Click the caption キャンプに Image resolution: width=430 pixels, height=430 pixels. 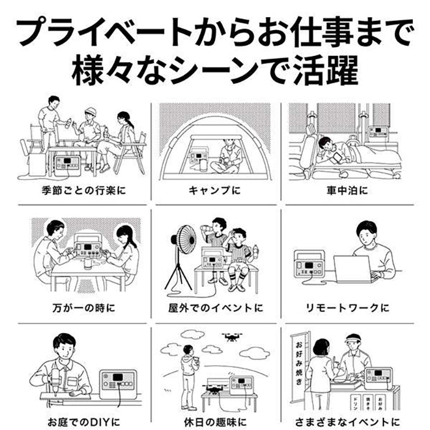tap(214, 190)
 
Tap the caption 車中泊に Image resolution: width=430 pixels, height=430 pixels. tap(347, 190)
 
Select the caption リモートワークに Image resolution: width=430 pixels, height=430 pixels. tap(348, 308)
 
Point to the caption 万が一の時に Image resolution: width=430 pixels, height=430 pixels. tap(84, 308)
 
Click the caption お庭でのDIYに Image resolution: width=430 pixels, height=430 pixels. tap(84, 422)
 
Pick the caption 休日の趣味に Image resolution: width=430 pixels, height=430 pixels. tap(215, 422)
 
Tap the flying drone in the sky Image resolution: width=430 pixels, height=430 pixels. tap(232, 337)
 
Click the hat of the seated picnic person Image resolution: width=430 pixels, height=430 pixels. tap(90, 111)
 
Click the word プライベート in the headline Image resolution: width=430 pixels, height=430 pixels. tap(104, 31)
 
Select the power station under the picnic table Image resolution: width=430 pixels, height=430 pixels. tap(68, 164)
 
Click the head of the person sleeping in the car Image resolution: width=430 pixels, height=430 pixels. tap(325, 143)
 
